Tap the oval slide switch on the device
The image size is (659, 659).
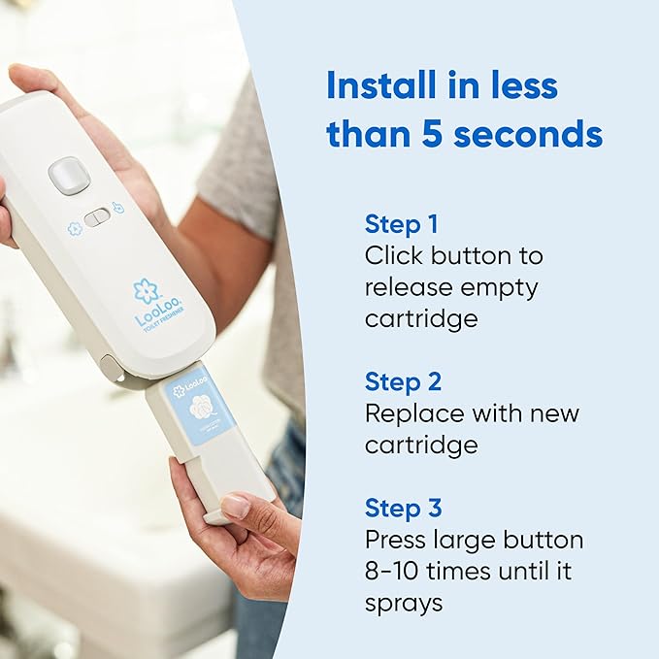(x=97, y=217)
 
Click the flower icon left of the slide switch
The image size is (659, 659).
(x=73, y=229)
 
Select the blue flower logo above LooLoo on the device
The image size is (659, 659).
(x=147, y=290)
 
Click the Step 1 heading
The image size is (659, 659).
(x=402, y=224)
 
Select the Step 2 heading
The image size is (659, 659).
(x=404, y=380)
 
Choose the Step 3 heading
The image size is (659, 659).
(x=404, y=508)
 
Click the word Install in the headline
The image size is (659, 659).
(x=378, y=85)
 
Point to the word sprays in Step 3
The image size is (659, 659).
(x=404, y=603)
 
